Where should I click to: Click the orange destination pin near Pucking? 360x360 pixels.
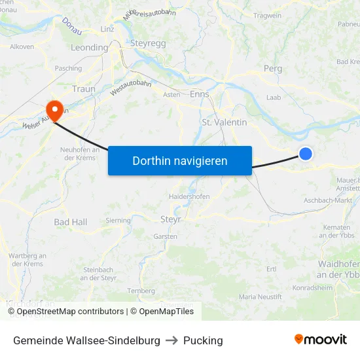coord(52,109)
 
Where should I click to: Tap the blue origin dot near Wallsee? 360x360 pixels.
coord(306,154)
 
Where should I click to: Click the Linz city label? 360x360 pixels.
coord(107,29)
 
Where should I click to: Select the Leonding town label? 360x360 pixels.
coord(89,48)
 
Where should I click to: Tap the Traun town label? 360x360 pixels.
coord(84,88)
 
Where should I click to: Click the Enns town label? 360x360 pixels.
coord(199,94)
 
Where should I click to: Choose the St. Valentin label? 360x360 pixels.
coord(225,122)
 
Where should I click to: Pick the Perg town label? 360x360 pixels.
coord(272,68)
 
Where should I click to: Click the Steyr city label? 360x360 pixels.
coord(171,219)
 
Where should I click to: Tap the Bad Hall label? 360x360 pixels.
coord(70,223)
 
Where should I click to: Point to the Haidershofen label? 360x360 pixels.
coord(189,196)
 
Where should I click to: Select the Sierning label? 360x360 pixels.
coord(118,221)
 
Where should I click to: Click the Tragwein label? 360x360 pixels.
coord(267,16)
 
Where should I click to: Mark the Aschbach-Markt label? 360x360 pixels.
coord(328,200)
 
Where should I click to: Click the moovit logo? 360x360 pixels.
coord(321,340)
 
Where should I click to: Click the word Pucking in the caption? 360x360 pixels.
coord(203,340)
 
